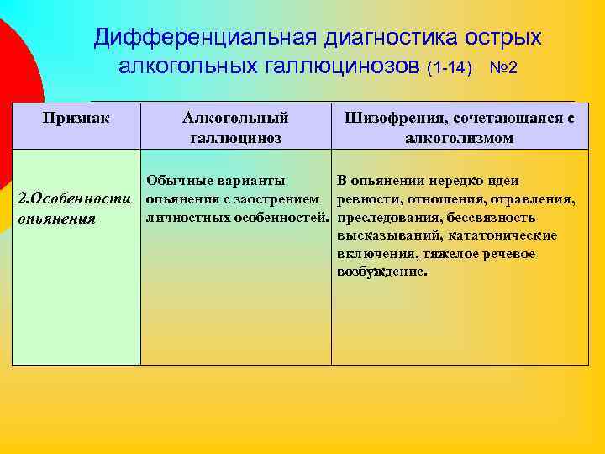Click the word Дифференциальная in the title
click(x=199, y=37)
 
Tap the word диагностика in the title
click(x=381, y=37)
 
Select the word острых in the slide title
click(x=501, y=37)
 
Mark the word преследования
click(x=382, y=217)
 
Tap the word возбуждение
click(x=382, y=272)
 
